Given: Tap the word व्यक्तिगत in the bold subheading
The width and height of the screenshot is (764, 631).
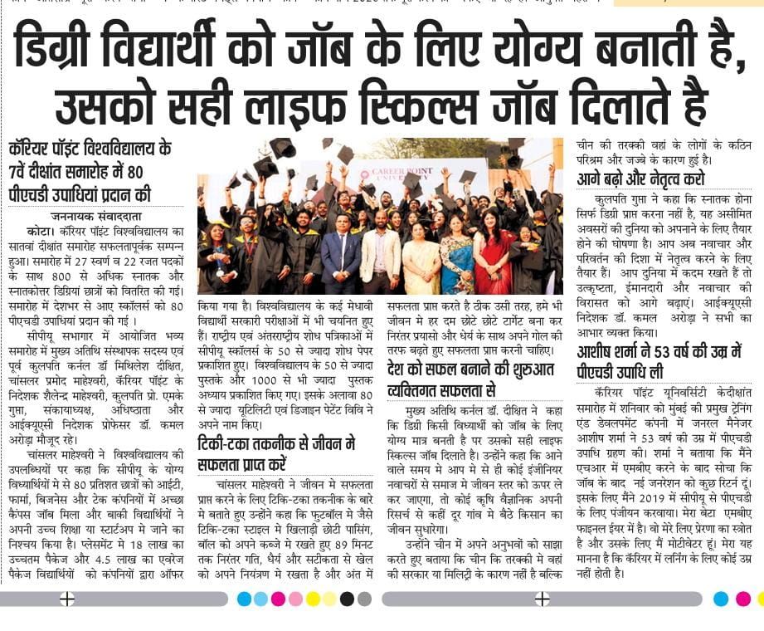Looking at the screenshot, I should (x=424, y=388).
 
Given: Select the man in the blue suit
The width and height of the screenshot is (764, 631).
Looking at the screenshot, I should (x=340, y=257).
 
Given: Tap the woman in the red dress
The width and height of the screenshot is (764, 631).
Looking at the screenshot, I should (x=493, y=257).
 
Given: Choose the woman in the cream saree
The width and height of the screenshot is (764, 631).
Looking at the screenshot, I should (x=421, y=262).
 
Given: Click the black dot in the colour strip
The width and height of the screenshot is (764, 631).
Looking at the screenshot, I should (x=347, y=599).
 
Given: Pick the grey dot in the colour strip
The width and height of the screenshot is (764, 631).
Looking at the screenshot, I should (x=364, y=599).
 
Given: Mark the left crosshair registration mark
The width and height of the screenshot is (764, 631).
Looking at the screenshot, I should (x=68, y=599).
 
